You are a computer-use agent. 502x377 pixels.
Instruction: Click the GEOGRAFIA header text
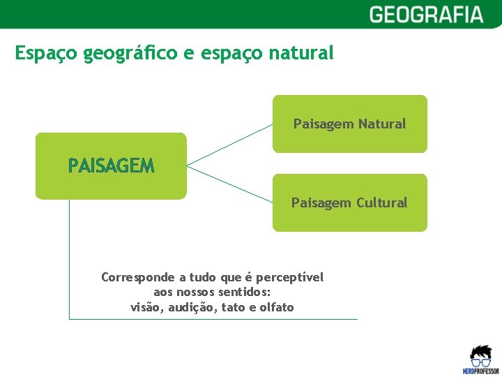click(425, 15)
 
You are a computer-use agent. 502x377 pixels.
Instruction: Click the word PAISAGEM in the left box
click(111, 165)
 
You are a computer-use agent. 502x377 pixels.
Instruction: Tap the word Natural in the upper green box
click(381, 124)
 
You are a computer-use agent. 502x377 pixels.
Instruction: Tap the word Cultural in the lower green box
click(381, 203)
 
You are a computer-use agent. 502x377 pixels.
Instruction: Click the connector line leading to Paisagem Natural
click(230, 145)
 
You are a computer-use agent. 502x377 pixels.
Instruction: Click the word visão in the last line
click(146, 307)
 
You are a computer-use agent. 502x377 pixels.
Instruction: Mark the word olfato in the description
click(277, 307)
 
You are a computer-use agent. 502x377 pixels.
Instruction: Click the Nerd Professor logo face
click(480, 357)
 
